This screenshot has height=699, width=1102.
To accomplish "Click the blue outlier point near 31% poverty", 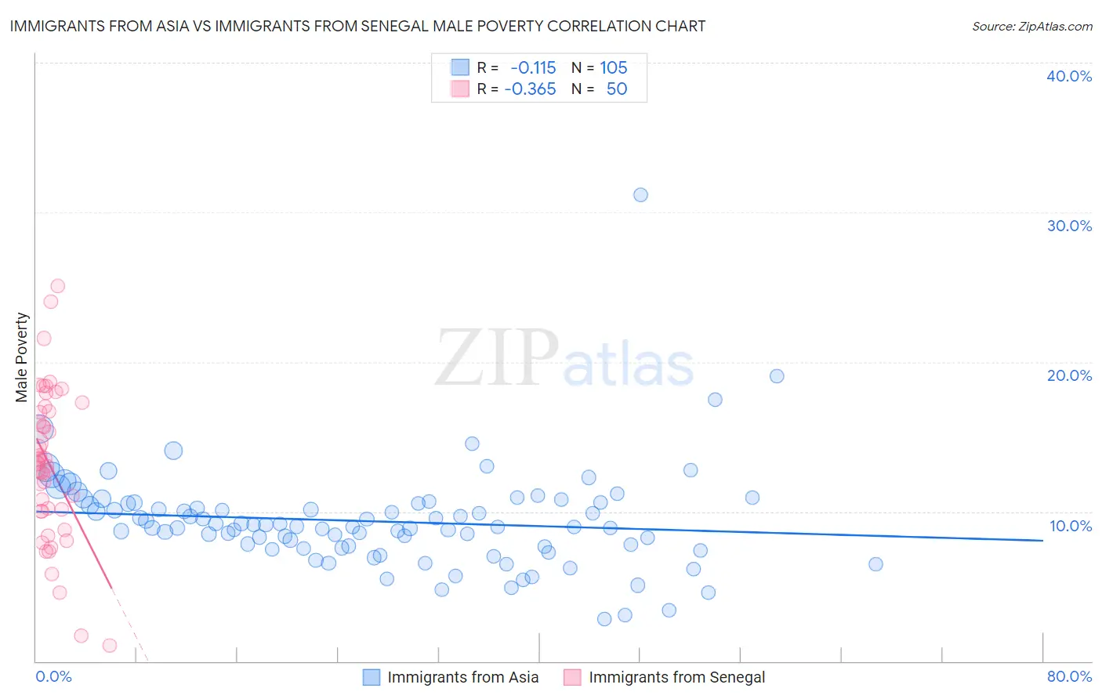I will click(640, 195).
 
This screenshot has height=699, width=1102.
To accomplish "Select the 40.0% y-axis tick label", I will click(1069, 76).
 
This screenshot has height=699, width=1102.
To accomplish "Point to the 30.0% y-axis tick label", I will click(1069, 226).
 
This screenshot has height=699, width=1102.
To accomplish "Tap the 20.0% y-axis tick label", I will click(1069, 375).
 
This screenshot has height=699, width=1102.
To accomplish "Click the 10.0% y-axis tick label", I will click(1070, 526).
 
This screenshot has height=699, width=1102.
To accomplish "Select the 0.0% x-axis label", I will click(53, 676).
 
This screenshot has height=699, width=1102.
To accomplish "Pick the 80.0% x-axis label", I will click(1069, 676).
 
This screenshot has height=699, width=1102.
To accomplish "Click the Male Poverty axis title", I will click(22, 357).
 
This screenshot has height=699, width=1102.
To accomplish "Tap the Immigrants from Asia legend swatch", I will click(371, 677).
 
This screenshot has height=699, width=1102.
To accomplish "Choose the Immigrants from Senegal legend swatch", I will click(572, 677).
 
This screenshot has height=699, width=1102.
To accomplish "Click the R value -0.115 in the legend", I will click(533, 68).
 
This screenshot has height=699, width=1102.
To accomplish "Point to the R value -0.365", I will click(531, 89).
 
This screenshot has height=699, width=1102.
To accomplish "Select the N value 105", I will click(614, 68).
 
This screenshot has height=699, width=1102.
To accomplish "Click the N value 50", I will click(617, 89).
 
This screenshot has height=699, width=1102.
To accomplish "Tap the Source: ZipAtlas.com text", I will click(1031, 27).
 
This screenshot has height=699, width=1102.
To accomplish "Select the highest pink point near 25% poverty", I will click(57, 286).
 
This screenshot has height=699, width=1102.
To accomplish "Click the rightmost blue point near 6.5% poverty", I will click(875, 564).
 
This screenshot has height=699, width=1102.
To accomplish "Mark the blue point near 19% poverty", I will click(777, 376).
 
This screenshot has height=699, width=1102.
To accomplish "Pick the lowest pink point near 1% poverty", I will click(110, 646).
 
